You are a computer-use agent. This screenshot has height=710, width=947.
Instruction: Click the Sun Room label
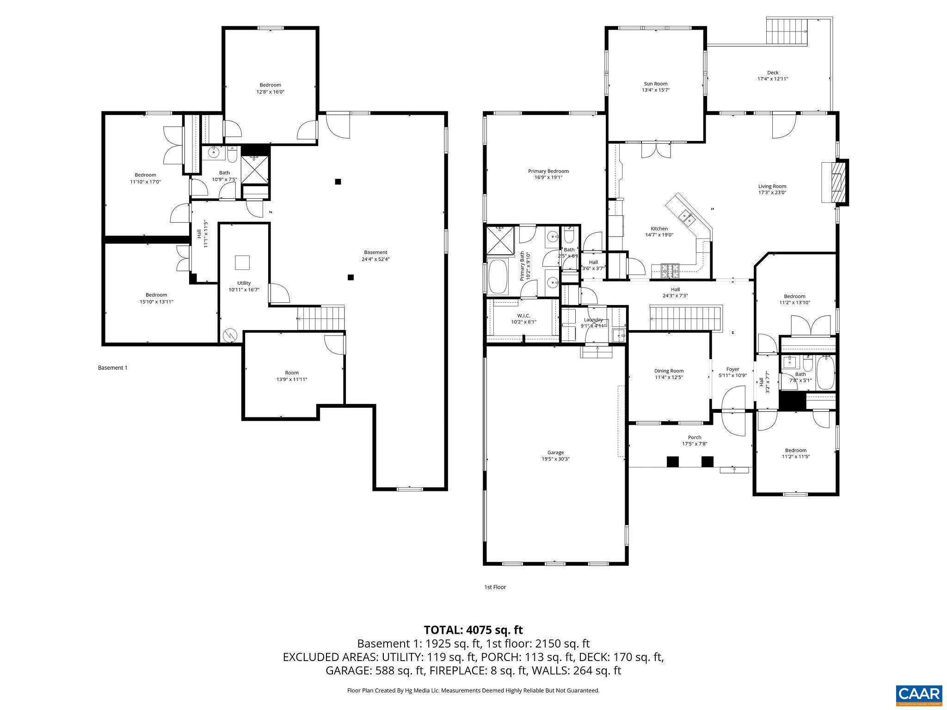pos(655,84)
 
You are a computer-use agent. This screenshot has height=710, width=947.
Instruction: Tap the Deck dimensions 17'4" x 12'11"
pos(772,79)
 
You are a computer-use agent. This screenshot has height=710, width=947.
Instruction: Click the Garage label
pos(555,453)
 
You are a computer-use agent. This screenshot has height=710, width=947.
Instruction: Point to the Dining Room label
pos(669,371)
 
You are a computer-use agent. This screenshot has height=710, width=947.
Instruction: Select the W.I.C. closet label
pos(523,315)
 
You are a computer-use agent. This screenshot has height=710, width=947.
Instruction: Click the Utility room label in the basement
pos(244,283)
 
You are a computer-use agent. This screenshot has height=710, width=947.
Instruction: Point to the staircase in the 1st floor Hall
pos(685,318)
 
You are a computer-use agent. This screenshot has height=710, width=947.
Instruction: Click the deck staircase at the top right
pos(787,31)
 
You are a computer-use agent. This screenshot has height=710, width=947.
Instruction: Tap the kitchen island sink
pos(686,216)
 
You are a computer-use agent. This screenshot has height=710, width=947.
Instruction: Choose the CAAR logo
pos(919,694)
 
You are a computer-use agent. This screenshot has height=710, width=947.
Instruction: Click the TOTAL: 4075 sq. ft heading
pos(473,630)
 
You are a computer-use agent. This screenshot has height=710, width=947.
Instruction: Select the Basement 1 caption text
pos(112,368)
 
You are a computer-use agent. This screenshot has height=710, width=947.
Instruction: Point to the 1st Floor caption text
pos(495,587)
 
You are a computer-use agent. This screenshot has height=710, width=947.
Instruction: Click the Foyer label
pos(732,369)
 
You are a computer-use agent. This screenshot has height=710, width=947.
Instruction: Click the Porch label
pos(694,437)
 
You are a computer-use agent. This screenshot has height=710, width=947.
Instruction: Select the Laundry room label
pos(593,320)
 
